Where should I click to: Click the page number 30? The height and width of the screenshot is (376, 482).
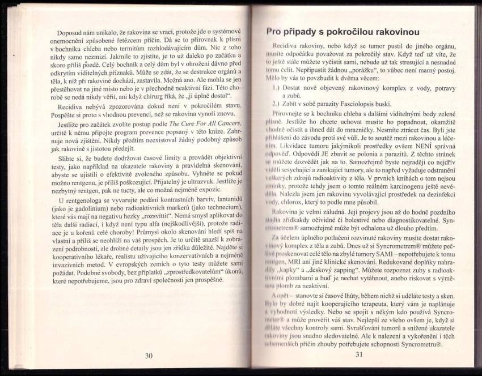[149, 355]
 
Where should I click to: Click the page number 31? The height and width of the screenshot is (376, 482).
[358, 354]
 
